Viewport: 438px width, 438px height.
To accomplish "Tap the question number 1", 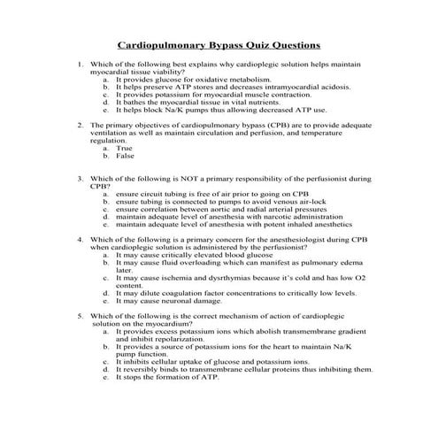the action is (80, 65).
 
